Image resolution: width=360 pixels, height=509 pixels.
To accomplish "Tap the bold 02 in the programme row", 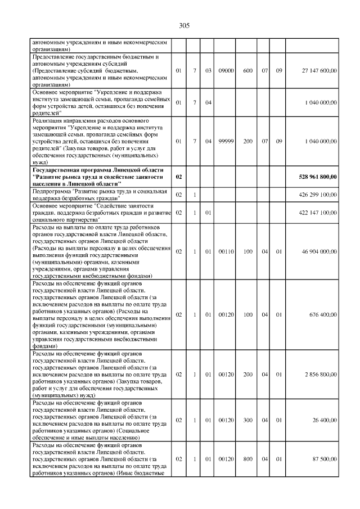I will (179, 177).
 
